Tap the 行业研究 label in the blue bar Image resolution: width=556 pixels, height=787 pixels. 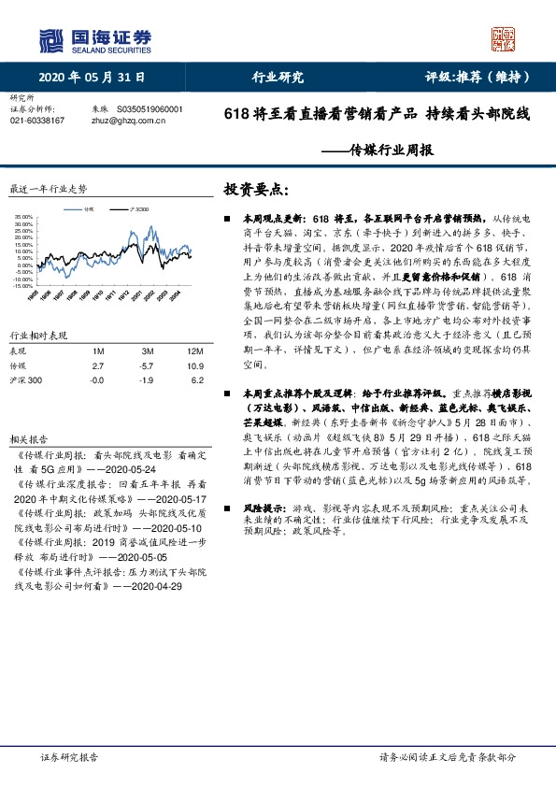point(278,77)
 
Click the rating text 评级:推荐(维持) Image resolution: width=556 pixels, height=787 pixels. point(471,77)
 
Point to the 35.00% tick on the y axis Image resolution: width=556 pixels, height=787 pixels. point(22,220)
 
